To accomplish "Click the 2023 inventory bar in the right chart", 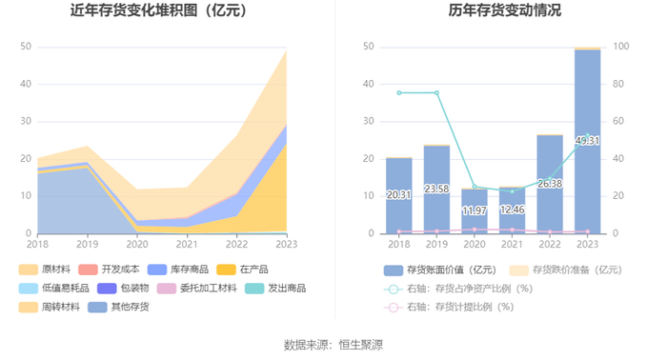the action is (x=588, y=142).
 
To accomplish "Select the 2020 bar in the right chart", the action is (x=475, y=211).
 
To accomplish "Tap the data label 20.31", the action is (x=398, y=194).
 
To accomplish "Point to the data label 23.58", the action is (x=436, y=189).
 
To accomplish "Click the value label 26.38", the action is (x=550, y=184).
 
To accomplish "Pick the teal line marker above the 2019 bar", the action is (x=436, y=92).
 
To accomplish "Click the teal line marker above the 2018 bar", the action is (x=399, y=92).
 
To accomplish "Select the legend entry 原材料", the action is (x=45, y=270).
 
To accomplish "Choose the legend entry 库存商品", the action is (x=178, y=270).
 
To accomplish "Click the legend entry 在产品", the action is (x=242, y=270).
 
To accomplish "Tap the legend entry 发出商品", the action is (x=275, y=289).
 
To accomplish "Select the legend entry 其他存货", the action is (x=119, y=307).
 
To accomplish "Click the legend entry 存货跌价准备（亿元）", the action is (x=566, y=270).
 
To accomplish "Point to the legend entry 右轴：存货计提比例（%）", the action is (x=449, y=307).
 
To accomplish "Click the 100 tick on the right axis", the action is (x=621, y=47).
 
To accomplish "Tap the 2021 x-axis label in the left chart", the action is (x=187, y=244).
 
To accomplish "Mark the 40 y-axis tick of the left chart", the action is (x=26, y=84).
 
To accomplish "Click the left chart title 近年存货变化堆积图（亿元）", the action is (x=159, y=10).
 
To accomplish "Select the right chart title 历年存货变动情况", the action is (x=504, y=10).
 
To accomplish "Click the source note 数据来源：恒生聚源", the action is (x=333, y=345).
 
